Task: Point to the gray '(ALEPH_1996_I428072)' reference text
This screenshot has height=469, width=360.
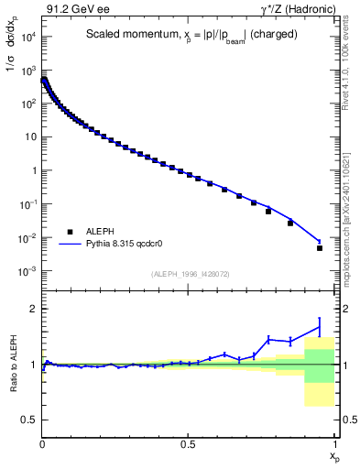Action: pyautogui.click(x=190, y=273)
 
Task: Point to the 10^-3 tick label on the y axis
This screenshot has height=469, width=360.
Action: pyautogui.click(x=26, y=271)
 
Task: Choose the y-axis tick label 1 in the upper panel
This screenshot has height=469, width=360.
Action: pyautogui.click(x=31, y=170)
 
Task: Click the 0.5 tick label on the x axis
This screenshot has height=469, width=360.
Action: pyautogui.click(x=189, y=443)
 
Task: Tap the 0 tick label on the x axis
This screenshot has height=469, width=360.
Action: pyautogui.click(x=42, y=443)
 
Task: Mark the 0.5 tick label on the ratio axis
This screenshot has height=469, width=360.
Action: pyautogui.click(x=29, y=420)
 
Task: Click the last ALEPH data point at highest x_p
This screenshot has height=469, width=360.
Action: pyautogui.click(x=320, y=247)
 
